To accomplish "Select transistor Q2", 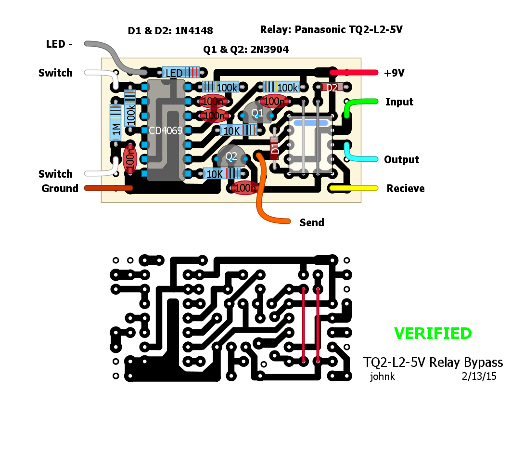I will pos(231,156).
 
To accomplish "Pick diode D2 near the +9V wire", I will pos(332,87).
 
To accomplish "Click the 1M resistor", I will pos(115,123).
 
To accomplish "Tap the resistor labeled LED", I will pos(180,73).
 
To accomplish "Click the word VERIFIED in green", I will pos(433,333).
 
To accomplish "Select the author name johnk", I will pos(382,376).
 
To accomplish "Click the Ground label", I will pos(60,188).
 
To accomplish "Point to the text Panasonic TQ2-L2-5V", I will pos(348,30).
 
